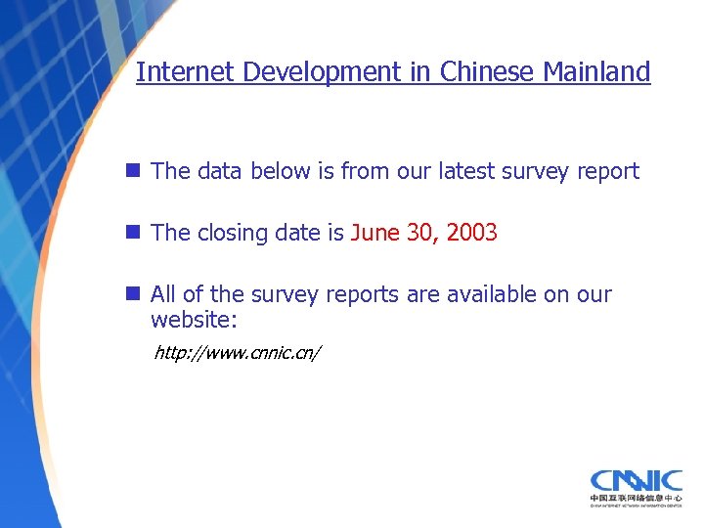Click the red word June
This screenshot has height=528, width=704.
374,234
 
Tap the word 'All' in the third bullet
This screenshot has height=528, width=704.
165,295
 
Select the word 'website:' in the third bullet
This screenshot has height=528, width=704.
196,320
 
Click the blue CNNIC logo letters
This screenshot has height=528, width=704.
636,481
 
